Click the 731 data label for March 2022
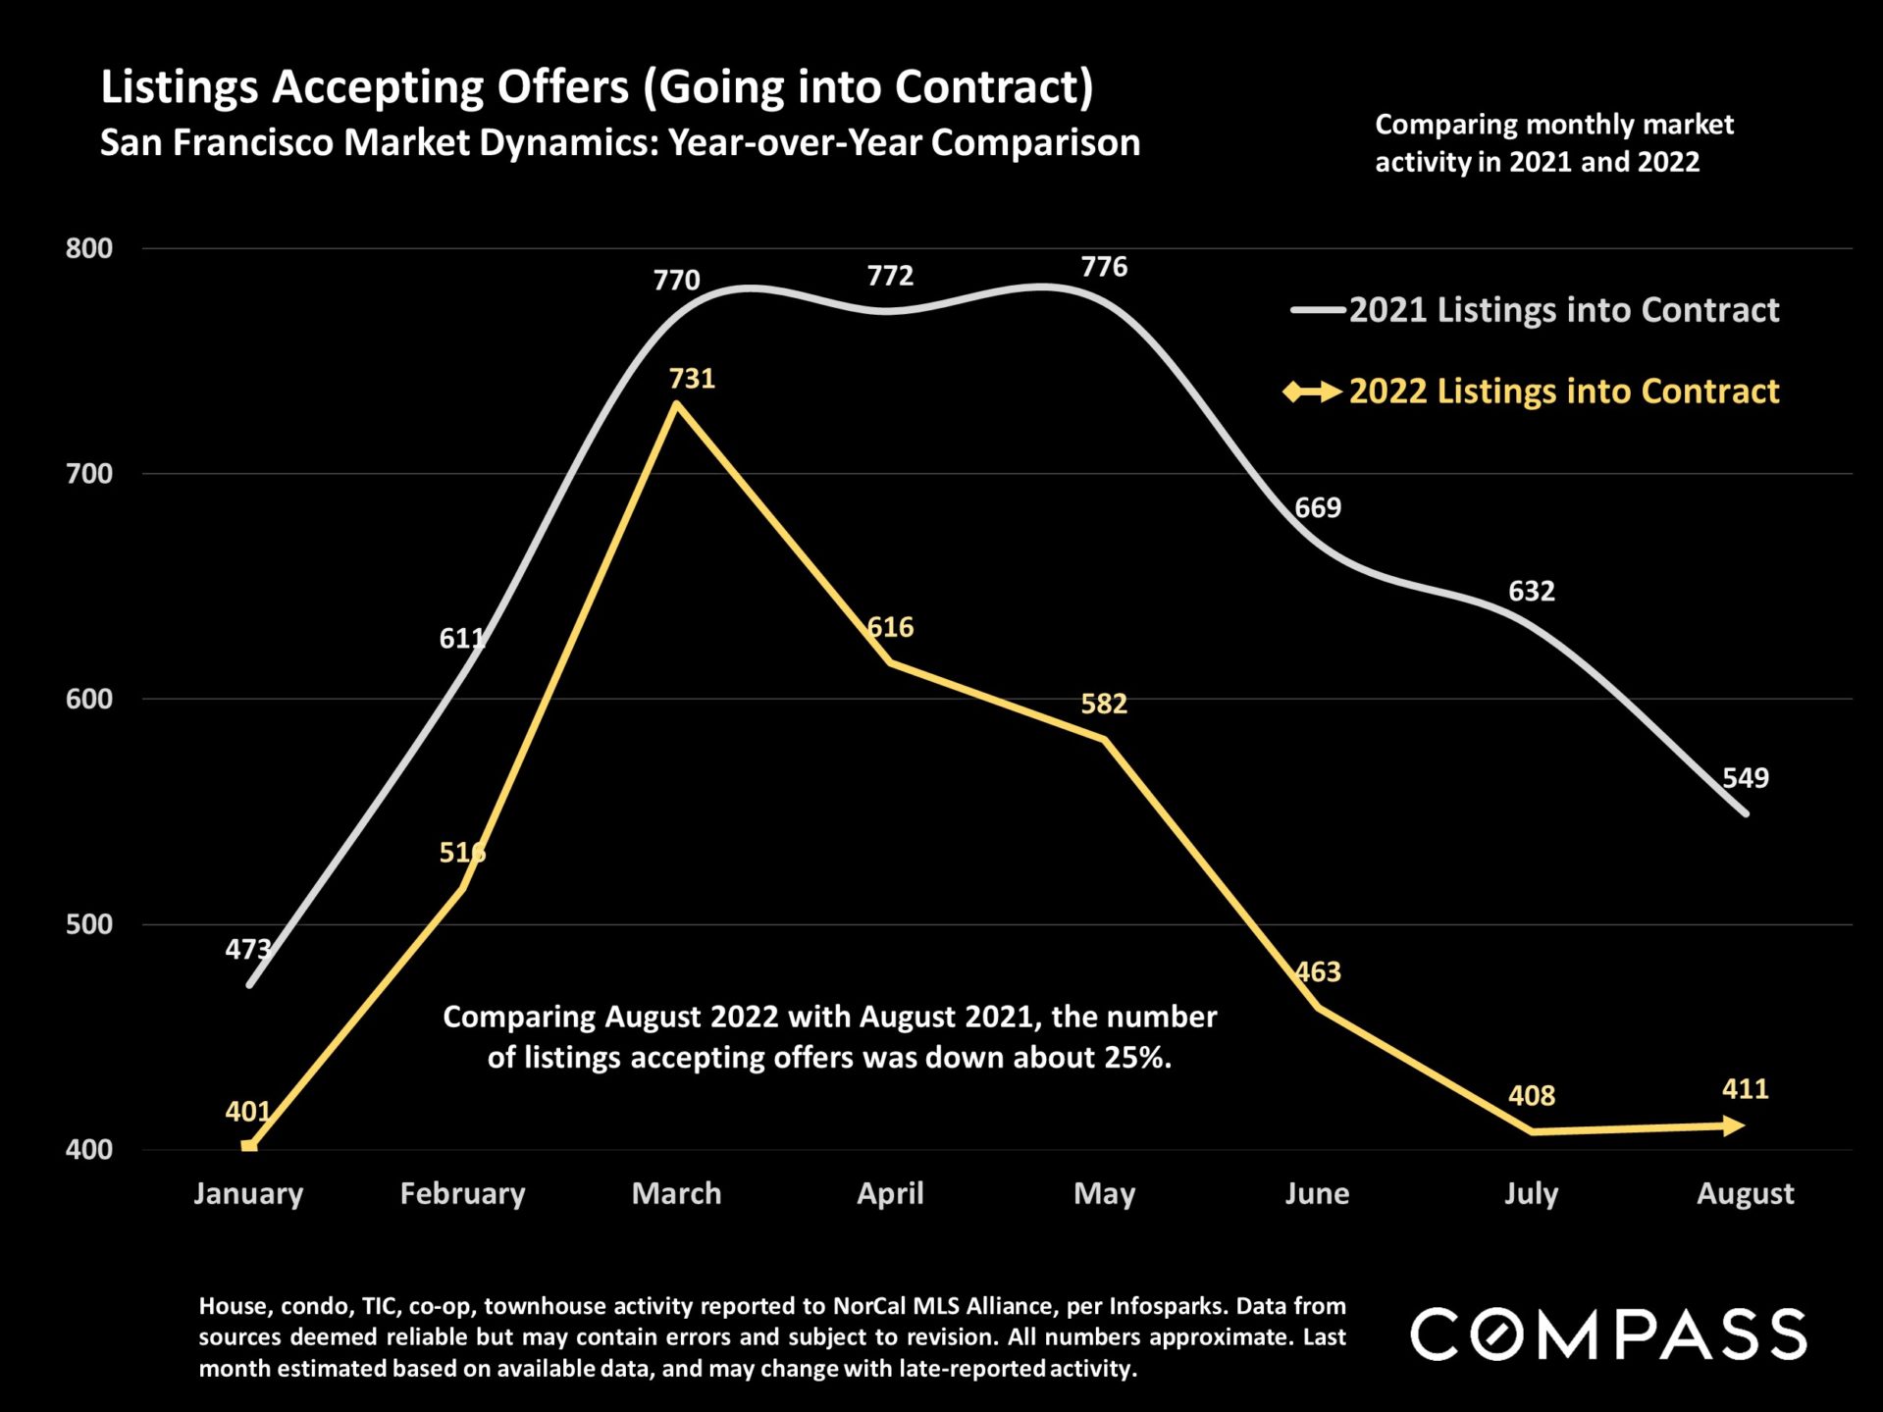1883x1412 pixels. click(692, 379)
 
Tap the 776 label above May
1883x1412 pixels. click(1104, 267)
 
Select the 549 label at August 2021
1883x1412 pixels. click(1745, 778)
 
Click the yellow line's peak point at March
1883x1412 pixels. click(677, 404)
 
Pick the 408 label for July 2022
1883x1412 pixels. click(1531, 1095)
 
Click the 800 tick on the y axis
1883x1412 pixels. click(89, 248)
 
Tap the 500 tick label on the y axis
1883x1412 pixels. click(89, 924)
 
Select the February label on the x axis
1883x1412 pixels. click(462, 1193)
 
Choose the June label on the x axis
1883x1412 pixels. click(1317, 1193)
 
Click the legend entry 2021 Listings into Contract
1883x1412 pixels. click(1562, 310)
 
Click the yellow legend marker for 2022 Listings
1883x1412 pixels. click(1312, 392)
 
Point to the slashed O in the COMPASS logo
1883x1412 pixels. click(1497, 1334)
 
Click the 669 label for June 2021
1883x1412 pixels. click(1317, 508)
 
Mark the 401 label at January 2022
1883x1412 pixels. click(247, 1112)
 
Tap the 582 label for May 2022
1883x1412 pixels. click(1104, 704)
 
